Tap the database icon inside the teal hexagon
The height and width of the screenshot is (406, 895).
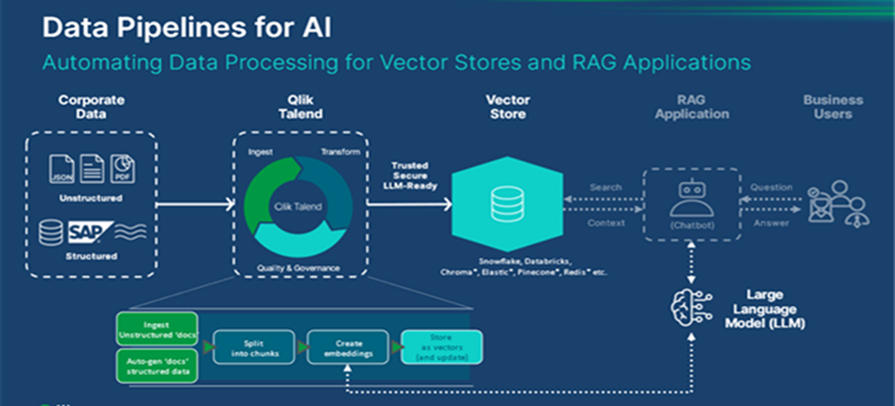tap(501, 203)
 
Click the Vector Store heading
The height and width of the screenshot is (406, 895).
tap(507, 107)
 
